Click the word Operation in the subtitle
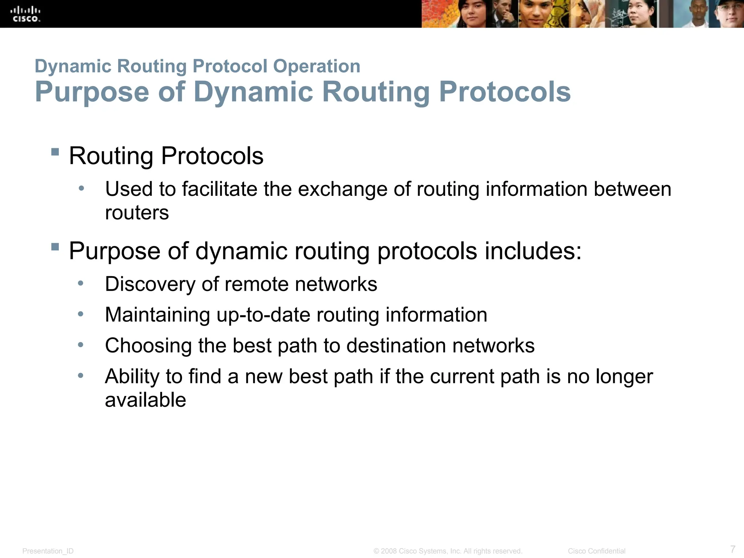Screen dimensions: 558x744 [316, 66]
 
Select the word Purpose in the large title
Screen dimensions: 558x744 [92, 92]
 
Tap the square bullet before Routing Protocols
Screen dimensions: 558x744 [55, 151]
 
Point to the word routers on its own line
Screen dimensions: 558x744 [137, 213]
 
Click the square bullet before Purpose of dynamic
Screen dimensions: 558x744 [55, 247]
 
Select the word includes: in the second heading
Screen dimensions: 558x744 [533, 251]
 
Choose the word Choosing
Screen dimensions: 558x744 [148, 345]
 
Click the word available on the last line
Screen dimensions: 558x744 [145, 400]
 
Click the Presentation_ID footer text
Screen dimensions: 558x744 [48, 551]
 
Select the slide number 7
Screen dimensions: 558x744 [733, 549]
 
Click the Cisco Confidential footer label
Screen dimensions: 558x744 [597, 551]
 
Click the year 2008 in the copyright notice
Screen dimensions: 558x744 [388, 551]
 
